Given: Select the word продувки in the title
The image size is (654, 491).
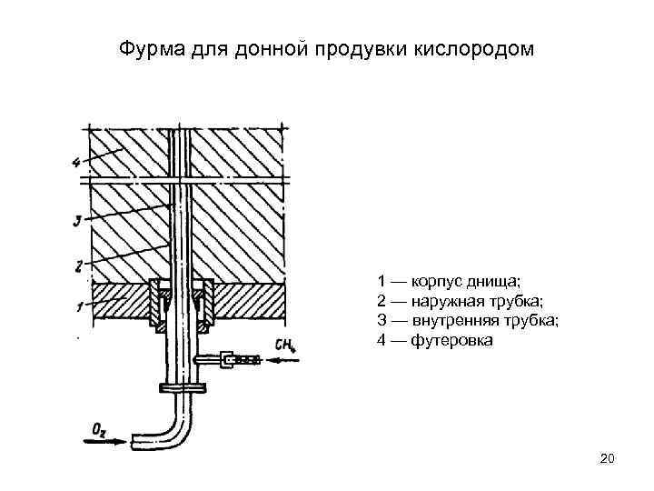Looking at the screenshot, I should click(x=356, y=46).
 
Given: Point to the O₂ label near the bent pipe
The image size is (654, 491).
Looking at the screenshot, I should click(x=100, y=426).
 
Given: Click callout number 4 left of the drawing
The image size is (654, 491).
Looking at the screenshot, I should click(x=76, y=165).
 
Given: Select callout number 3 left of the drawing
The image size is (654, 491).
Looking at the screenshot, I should click(x=79, y=219).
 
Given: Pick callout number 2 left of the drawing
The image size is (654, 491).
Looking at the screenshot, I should click(x=79, y=266).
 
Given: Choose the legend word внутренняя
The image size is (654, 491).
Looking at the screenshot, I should click(x=451, y=321).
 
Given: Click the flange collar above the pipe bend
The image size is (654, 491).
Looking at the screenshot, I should click(x=182, y=388).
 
